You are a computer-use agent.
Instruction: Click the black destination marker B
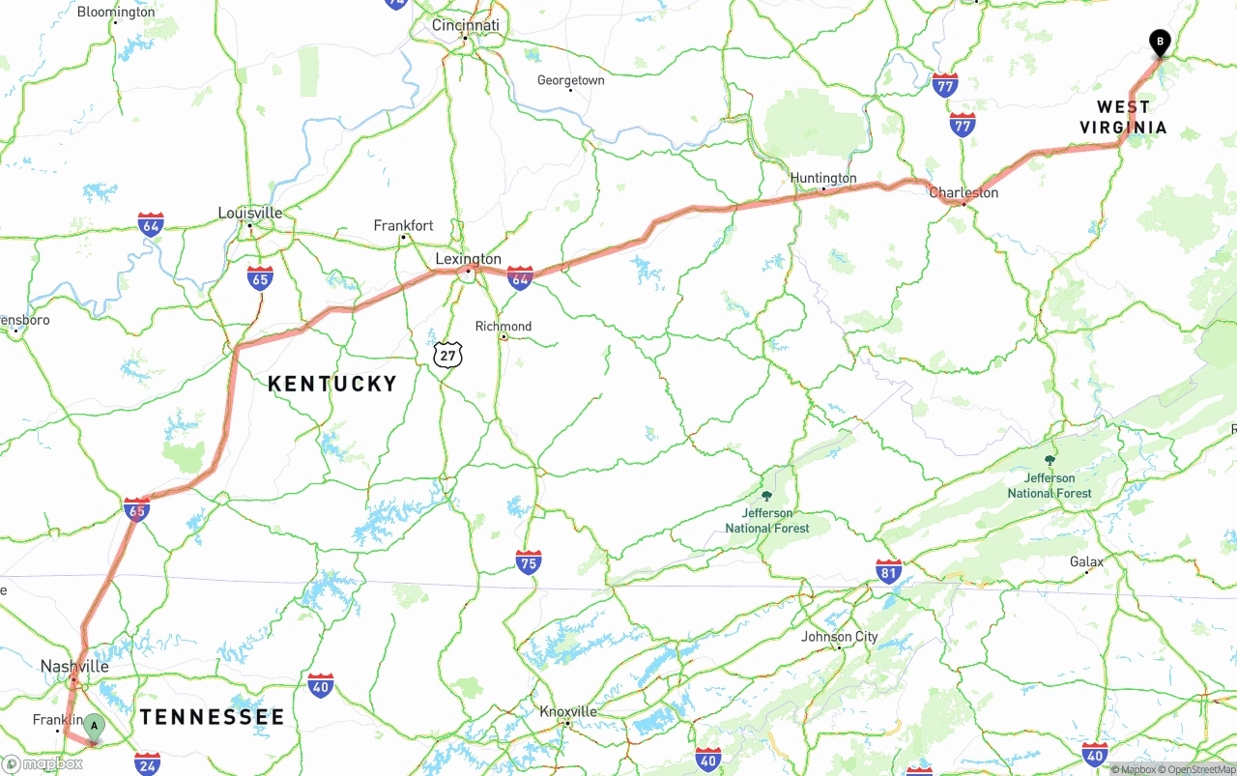tap(1160, 43)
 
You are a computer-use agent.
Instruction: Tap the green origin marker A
tap(94, 725)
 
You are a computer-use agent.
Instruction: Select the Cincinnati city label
tap(466, 25)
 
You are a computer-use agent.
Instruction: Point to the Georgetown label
tap(571, 80)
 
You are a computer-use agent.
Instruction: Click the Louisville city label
tap(250, 213)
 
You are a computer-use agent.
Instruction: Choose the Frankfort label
tap(404, 225)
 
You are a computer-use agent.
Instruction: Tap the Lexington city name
tap(469, 259)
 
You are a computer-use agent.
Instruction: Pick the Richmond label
tap(503, 326)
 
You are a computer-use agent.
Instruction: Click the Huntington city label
tap(823, 178)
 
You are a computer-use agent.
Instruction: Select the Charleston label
tap(964, 192)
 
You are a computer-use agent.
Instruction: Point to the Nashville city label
tap(74, 666)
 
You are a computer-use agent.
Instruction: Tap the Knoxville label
tap(567, 711)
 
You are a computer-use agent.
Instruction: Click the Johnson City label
tap(840, 636)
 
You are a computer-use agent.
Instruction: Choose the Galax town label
tap(1086, 561)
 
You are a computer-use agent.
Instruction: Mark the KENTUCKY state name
tap(332, 384)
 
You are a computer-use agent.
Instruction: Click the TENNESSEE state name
tap(213, 717)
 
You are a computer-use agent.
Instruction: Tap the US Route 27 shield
tap(447, 355)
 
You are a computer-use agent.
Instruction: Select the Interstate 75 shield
tap(528, 562)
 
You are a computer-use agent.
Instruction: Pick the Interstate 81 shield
tap(889, 570)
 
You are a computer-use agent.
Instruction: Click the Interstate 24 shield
tap(147, 762)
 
